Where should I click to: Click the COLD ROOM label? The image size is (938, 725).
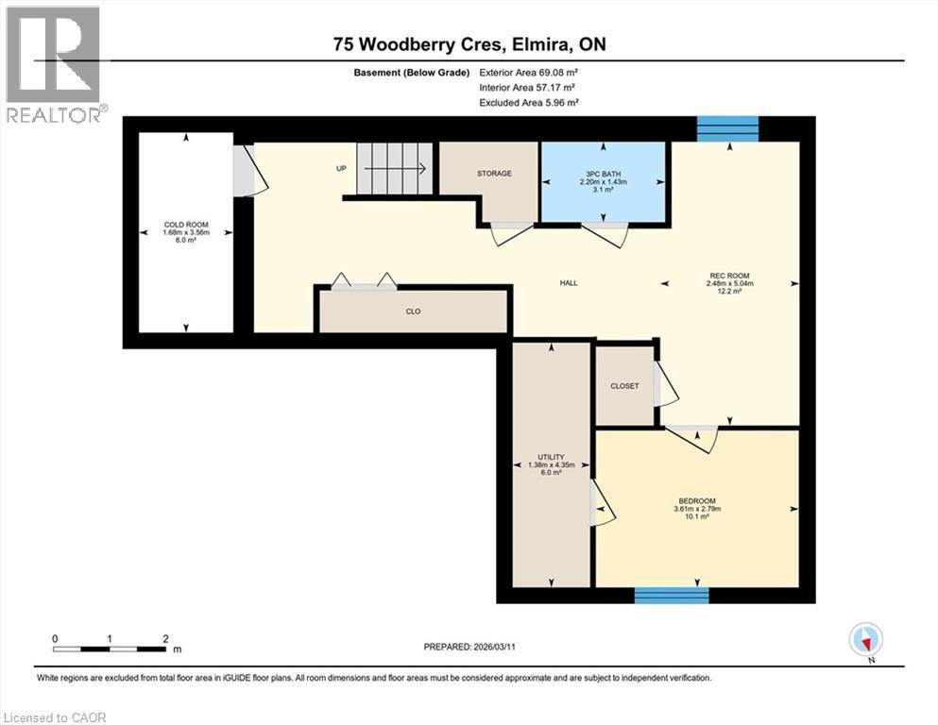[x=185, y=225]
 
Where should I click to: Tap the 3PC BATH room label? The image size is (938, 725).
[x=605, y=174]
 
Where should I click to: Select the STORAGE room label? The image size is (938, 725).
[x=494, y=174]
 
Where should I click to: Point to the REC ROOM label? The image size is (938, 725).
[x=729, y=277]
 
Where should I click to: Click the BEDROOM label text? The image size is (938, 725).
[x=696, y=501]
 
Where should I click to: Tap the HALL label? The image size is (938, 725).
[x=568, y=282]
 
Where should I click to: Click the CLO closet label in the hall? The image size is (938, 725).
[x=413, y=311]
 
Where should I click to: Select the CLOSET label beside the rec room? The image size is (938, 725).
[x=624, y=386]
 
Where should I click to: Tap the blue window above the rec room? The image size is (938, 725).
[x=727, y=128]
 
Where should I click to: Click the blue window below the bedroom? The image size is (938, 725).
[x=671, y=595]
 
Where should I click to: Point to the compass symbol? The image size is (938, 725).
[x=865, y=639]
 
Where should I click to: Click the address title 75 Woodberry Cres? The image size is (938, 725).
[x=469, y=44]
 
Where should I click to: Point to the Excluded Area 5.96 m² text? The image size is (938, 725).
[x=529, y=102]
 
